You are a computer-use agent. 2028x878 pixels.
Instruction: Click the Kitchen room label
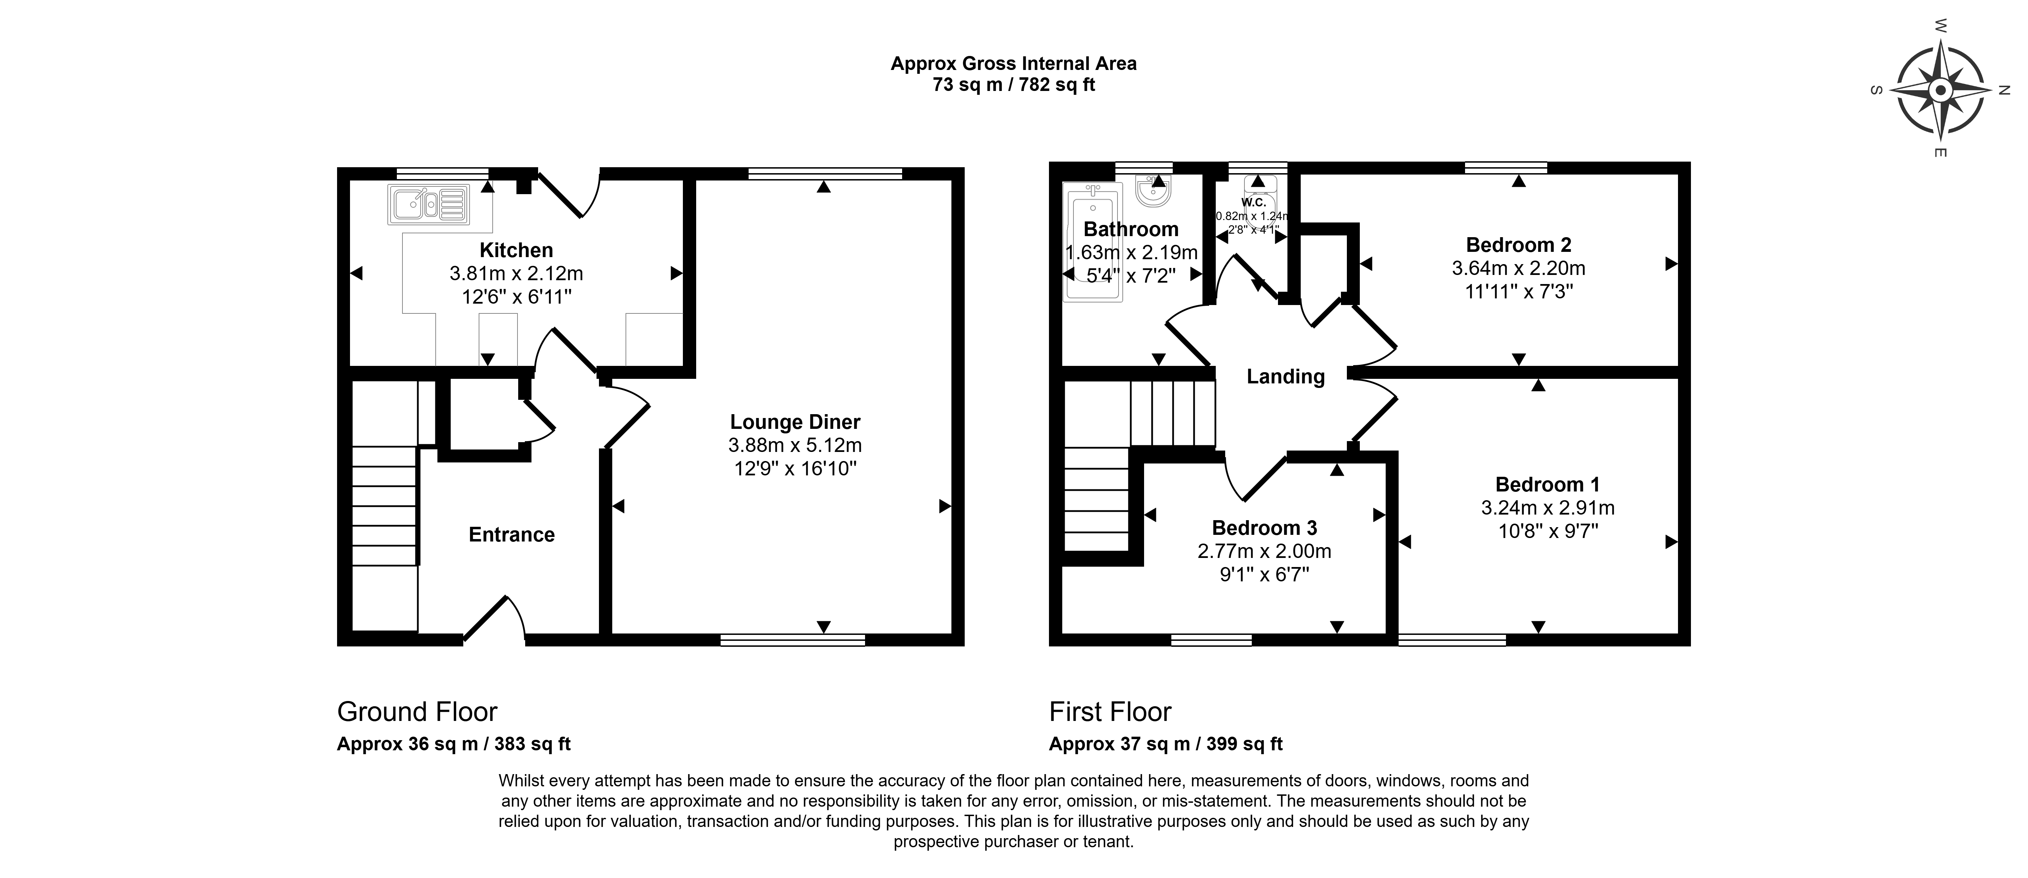click(516, 250)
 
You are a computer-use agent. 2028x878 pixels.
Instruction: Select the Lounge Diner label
click(795, 422)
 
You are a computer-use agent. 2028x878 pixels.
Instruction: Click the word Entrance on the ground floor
click(512, 535)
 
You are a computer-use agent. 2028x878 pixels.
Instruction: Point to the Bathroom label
click(1131, 229)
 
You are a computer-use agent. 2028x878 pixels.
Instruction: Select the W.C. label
click(1253, 203)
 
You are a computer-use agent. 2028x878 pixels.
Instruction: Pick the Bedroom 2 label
click(1519, 245)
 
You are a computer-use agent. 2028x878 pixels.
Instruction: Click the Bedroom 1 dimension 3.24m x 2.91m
click(1548, 508)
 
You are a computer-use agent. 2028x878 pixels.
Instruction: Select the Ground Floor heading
click(417, 712)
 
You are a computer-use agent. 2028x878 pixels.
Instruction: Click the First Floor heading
click(1110, 712)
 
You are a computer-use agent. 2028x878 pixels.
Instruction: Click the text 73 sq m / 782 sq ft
click(1014, 85)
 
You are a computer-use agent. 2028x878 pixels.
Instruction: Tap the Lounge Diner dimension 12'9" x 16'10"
click(795, 468)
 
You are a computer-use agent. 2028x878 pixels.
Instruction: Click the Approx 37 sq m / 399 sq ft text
click(1166, 744)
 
